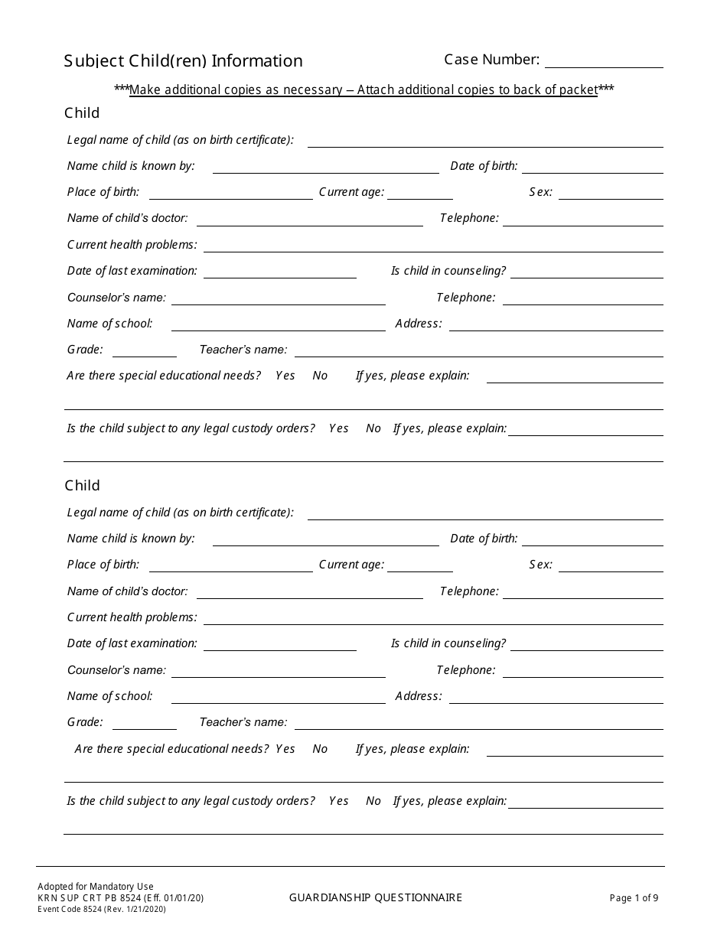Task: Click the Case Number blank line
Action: (604, 61)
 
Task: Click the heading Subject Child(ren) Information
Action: (183, 61)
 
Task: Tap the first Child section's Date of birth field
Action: (592, 167)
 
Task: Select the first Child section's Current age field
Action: (420, 193)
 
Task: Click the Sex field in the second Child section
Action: (611, 565)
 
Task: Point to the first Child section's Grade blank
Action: (145, 350)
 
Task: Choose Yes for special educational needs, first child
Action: (285, 376)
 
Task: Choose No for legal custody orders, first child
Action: (373, 428)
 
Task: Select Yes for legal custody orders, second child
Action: (339, 801)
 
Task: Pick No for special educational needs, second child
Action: (320, 749)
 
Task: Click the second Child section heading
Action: (82, 486)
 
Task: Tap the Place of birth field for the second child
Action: (230, 565)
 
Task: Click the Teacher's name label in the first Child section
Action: (243, 350)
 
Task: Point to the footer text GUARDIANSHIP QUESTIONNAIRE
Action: (376, 897)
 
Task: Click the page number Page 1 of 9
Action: (634, 898)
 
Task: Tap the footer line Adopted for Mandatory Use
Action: (96, 887)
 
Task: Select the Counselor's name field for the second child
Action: (278, 671)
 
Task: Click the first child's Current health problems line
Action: (433, 246)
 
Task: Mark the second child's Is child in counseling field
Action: (586, 644)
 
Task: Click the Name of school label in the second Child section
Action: (110, 696)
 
